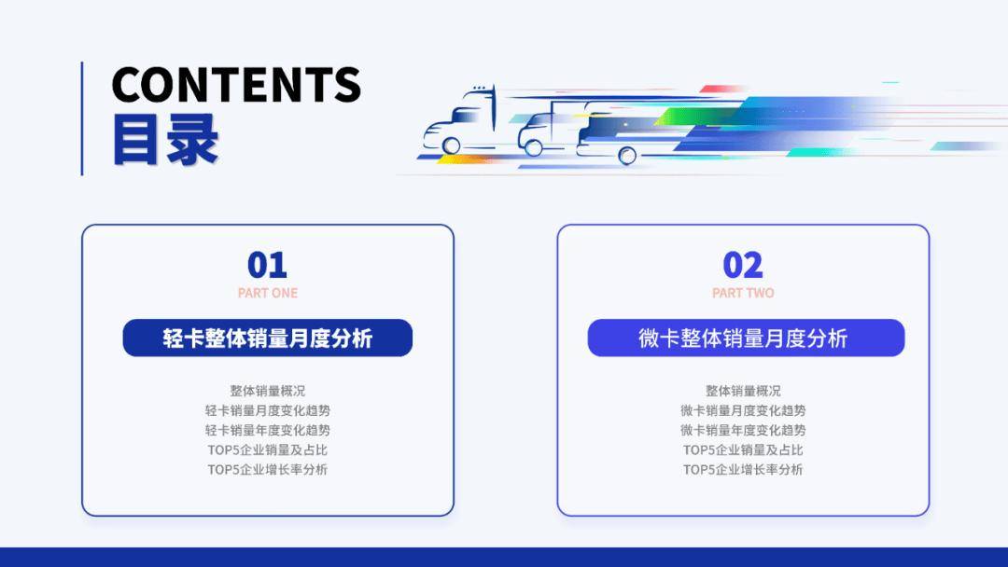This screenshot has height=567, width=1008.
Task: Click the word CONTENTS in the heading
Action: [x=236, y=85]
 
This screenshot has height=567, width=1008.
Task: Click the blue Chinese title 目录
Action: [x=165, y=141]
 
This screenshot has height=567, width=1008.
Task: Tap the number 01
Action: [x=267, y=265]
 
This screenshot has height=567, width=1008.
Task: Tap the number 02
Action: [x=743, y=265]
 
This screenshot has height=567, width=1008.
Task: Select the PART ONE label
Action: [x=267, y=293]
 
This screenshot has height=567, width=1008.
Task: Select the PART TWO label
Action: [x=743, y=293]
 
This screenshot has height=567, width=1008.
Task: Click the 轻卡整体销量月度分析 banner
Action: [x=267, y=338]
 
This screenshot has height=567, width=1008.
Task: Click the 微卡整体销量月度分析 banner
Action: [x=745, y=338]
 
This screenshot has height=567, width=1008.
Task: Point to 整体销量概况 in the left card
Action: [x=267, y=391]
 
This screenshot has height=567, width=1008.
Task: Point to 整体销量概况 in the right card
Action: [x=743, y=391]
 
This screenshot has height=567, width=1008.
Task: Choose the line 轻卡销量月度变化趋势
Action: [x=267, y=410]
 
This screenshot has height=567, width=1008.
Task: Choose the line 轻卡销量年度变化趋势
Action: [x=267, y=430]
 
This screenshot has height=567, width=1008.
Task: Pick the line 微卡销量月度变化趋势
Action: [x=743, y=410]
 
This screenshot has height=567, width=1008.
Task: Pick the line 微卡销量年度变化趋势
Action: [x=743, y=430]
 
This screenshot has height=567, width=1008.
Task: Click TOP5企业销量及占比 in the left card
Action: [x=267, y=449]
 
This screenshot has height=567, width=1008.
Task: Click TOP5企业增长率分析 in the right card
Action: [x=743, y=469]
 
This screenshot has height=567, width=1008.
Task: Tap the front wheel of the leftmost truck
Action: [x=452, y=145]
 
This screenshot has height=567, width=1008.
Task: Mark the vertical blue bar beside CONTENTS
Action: [x=82, y=118]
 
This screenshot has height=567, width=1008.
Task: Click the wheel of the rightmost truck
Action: [x=627, y=155]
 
